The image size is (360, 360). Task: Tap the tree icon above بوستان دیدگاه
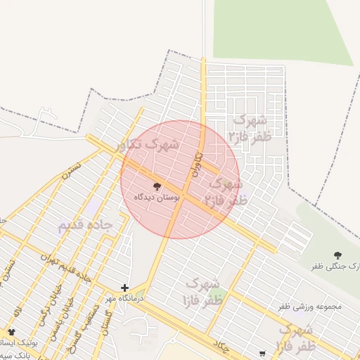156,187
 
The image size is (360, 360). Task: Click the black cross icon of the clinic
124,288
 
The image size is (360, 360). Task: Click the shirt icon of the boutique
11,331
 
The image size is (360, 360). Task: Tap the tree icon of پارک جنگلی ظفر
337,256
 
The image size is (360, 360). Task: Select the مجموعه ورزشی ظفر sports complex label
309,307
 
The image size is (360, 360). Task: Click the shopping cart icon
262,354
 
